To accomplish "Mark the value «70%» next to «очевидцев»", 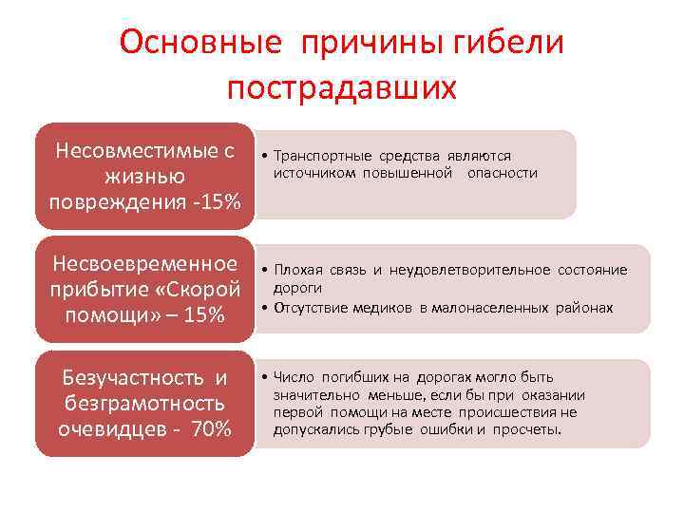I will tap(210, 428).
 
